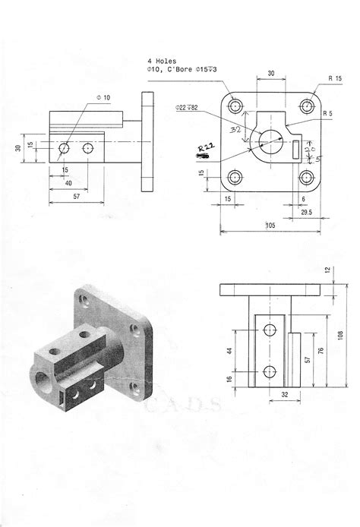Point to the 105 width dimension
(270, 225)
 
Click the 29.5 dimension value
(308, 213)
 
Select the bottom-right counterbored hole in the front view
(308, 178)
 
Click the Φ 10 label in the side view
(103, 97)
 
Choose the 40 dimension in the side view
(69, 183)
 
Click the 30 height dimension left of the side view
(17, 148)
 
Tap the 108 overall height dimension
(339, 336)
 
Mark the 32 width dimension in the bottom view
(274, 394)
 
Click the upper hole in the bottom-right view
(270, 330)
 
